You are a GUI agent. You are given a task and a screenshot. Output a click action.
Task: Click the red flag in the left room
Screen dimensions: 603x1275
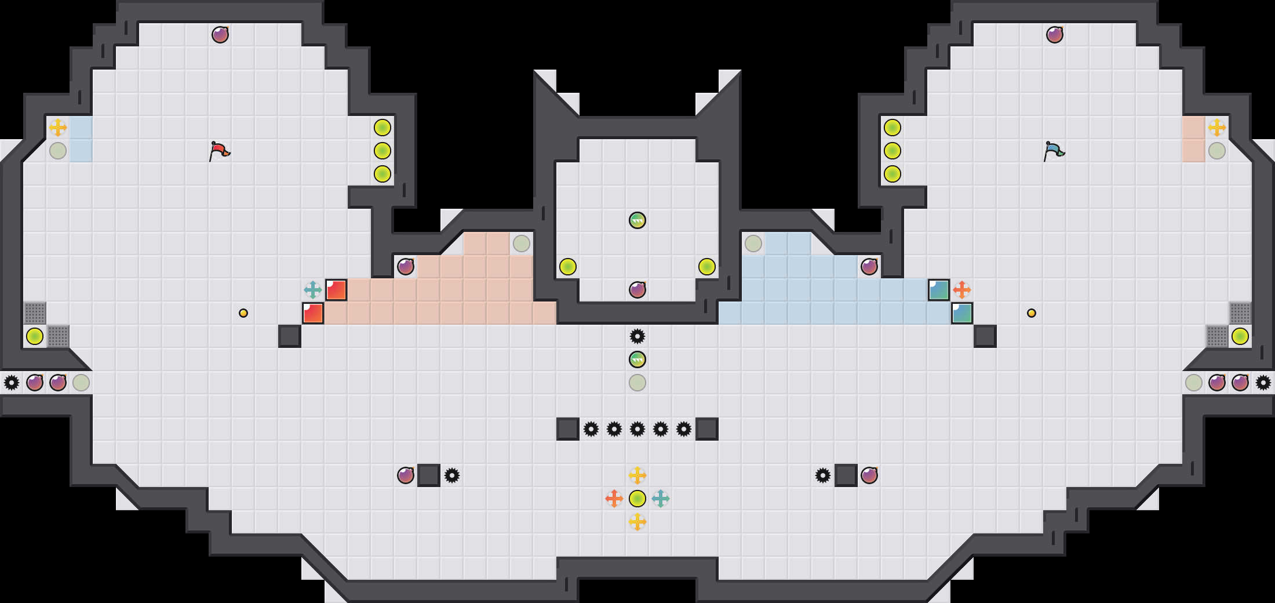(x=219, y=151)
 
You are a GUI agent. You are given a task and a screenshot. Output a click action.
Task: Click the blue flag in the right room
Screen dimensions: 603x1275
(x=1054, y=151)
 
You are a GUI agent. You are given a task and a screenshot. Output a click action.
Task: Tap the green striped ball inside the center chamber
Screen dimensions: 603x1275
(x=637, y=220)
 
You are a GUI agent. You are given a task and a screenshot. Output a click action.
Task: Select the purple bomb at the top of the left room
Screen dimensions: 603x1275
(x=220, y=35)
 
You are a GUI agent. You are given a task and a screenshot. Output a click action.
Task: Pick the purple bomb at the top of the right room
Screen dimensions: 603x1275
(x=1055, y=35)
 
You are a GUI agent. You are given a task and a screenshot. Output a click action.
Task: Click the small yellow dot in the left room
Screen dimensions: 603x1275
(x=243, y=313)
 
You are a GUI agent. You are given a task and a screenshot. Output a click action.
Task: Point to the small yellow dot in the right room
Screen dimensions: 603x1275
(x=1032, y=313)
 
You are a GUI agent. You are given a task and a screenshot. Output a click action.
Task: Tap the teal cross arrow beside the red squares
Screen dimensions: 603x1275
(x=313, y=290)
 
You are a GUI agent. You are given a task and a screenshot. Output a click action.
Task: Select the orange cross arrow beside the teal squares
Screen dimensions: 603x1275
(x=962, y=290)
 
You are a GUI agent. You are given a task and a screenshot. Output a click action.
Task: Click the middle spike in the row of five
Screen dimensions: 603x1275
(x=637, y=429)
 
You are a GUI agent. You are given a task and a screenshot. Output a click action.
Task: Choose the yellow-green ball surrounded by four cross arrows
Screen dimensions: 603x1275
(x=637, y=499)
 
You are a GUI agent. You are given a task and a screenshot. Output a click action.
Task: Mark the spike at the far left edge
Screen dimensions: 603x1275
(x=12, y=383)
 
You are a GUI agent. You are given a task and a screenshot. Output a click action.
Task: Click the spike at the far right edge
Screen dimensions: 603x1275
(x=1263, y=383)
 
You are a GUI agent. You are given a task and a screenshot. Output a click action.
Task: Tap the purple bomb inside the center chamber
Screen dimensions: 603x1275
(x=637, y=290)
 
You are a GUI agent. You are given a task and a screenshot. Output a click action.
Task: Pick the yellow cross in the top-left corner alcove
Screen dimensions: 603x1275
(x=58, y=128)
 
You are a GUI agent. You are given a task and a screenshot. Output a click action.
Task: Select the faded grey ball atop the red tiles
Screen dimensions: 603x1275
(x=522, y=244)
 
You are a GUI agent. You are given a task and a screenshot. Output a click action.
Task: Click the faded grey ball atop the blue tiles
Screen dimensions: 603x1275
(x=753, y=244)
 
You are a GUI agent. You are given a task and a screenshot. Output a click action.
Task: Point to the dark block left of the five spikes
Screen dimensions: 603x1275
(x=568, y=429)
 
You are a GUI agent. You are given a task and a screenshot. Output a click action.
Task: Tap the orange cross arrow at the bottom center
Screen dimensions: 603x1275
(x=614, y=499)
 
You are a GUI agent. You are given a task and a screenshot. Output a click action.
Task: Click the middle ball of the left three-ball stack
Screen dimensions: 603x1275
(x=382, y=151)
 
